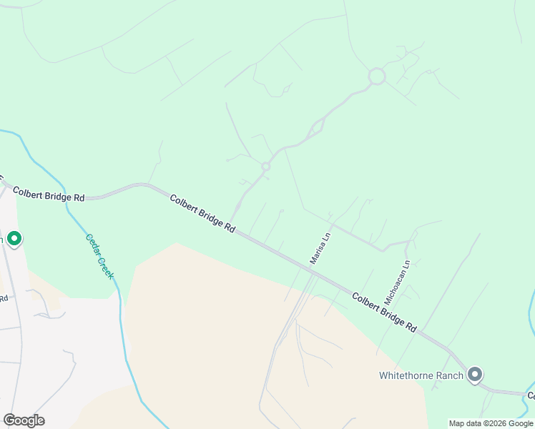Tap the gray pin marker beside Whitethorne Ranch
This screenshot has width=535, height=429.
pyautogui.click(x=474, y=374)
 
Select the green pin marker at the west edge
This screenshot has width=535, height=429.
pyautogui.click(x=14, y=238)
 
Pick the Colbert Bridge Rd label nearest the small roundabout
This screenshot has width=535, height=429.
pyautogui.click(x=202, y=212)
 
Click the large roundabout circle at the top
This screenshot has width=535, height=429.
pyautogui.click(x=377, y=76)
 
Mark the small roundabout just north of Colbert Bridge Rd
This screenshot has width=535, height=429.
pyautogui.click(x=265, y=167)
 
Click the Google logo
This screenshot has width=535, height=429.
pyautogui.click(x=24, y=420)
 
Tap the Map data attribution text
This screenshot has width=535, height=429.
pyautogui.click(x=491, y=423)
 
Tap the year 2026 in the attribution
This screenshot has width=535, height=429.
pyautogui.click(x=498, y=423)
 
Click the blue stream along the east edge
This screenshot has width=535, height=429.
pyautogui.click(x=530, y=315)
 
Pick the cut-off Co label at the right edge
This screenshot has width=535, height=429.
pyautogui.click(x=531, y=395)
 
